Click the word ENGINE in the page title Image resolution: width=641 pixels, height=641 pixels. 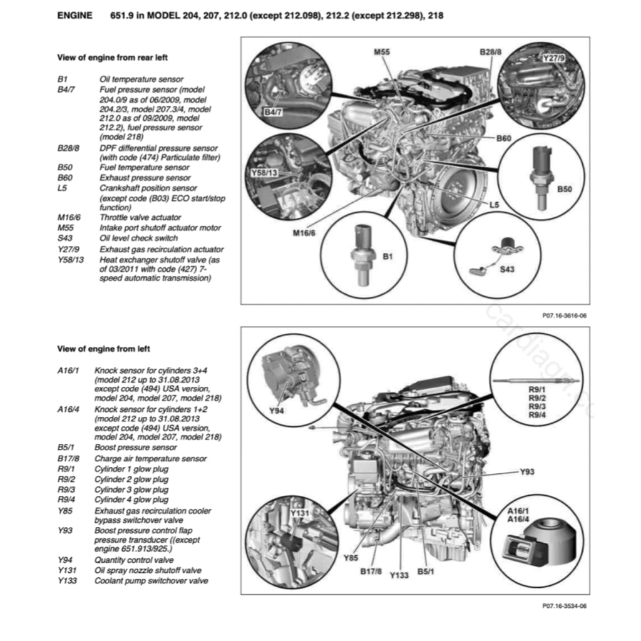[x=74, y=15]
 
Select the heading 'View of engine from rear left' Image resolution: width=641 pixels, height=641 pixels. [x=112, y=58]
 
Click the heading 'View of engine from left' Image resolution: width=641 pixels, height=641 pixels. [x=103, y=349]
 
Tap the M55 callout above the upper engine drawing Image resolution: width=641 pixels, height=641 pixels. [x=382, y=51]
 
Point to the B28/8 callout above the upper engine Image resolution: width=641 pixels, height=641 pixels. [x=490, y=51]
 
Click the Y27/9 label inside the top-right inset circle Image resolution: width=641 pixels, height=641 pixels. [x=553, y=58]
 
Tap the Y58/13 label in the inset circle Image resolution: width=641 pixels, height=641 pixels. [x=263, y=172]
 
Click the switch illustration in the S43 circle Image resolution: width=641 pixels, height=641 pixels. [x=496, y=257]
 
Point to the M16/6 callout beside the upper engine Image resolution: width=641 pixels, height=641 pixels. [x=304, y=233]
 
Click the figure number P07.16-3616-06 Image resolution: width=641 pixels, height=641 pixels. [x=564, y=315]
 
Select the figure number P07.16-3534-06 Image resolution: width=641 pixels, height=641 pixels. [x=564, y=606]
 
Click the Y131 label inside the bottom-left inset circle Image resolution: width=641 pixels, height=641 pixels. [x=301, y=514]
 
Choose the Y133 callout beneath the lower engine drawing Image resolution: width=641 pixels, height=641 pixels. [x=399, y=575]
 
